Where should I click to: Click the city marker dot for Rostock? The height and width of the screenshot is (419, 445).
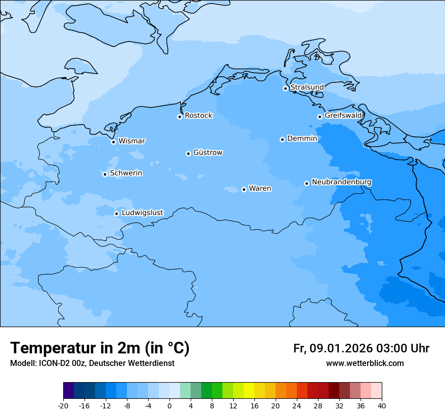point(180,117)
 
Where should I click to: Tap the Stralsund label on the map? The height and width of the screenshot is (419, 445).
point(307,87)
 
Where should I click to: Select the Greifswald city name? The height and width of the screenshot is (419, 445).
point(343,116)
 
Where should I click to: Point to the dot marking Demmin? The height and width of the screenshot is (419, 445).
point(282,139)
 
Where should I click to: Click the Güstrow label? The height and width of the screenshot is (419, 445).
point(208,152)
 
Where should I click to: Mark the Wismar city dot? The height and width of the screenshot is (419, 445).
point(113,142)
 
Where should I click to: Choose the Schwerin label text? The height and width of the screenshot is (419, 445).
point(126,173)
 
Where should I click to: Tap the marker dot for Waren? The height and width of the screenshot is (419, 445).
point(244,189)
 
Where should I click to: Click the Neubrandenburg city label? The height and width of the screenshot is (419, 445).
point(341,182)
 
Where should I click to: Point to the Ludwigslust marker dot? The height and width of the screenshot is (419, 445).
point(116,214)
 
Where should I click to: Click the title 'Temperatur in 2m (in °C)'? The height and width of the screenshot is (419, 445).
point(100,348)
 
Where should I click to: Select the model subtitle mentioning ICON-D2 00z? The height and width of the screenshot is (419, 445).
point(92,363)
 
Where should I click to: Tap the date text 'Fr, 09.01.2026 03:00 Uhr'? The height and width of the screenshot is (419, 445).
point(361,348)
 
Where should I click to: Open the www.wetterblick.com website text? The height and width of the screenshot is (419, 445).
point(365,363)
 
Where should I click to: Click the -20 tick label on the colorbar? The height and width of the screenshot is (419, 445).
point(63,405)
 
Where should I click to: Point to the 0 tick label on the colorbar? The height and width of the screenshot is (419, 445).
point(169,405)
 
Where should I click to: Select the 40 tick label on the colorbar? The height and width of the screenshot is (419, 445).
point(382,405)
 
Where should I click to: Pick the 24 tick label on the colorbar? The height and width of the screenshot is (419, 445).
point(297,405)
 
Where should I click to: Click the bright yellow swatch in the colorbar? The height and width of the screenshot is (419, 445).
point(249,391)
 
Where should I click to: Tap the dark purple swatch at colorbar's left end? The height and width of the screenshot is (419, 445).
point(69,391)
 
